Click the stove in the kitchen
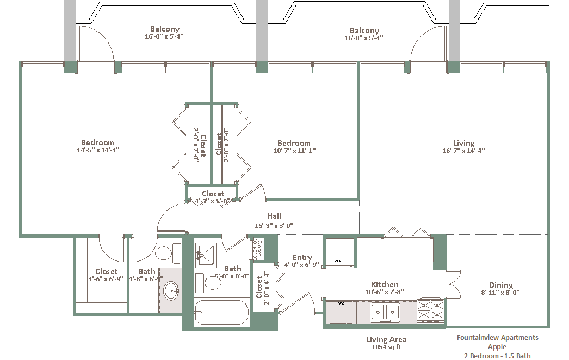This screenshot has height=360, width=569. [431, 311]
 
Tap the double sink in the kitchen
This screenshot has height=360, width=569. [385, 312]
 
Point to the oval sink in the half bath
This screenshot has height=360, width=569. [171, 290]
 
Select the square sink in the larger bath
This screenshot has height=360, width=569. [206, 253]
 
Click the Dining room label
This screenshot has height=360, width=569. [500, 285]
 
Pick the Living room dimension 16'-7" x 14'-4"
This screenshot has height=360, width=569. [463, 151]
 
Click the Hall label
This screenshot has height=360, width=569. [274, 216]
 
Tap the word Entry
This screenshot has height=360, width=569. [302, 257]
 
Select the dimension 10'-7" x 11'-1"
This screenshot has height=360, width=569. [294, 151]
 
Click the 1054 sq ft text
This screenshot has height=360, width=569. [386, 347]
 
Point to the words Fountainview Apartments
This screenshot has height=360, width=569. [497, 338]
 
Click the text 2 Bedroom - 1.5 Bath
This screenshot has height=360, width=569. [497, 356]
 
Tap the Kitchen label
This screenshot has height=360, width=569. [385, 284]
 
